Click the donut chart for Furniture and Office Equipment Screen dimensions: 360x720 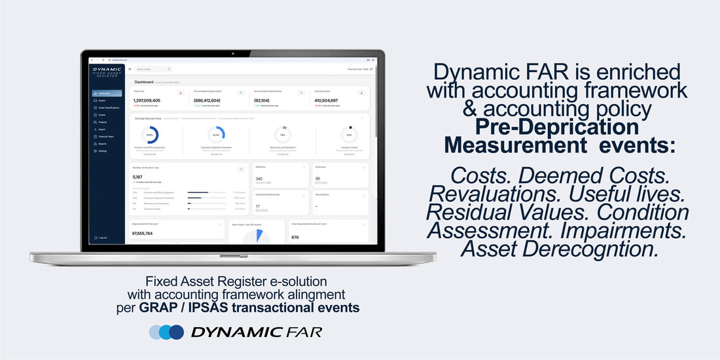pyautogui.click(x=151, y=135)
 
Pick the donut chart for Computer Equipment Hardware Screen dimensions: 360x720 pyautogui.click(x=216, y=135)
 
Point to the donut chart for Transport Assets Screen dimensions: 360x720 pyautogui.click(x=349, y=135)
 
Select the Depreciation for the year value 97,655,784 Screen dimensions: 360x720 pyautogui.click(x=142, y=233)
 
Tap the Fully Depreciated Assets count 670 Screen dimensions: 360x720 pyautogui.click(x=295, y=238)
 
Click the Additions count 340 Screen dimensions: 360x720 pyautogui.click(x=259, y=179)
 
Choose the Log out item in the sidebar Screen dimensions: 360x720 pyautogui.click(x=103, y=238)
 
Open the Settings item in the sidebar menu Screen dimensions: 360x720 pyautogui.click(x=104, y=151)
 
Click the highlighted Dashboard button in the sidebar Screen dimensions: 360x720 pyautogui.click(x=107, y=94)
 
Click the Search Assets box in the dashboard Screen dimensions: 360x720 pyautogui.click(x=153, y=69)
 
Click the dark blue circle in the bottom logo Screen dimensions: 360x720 pyautogui.click(x=175, y=332)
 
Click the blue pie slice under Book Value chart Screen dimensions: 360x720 pyautogui.click(x=260, y=235)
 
